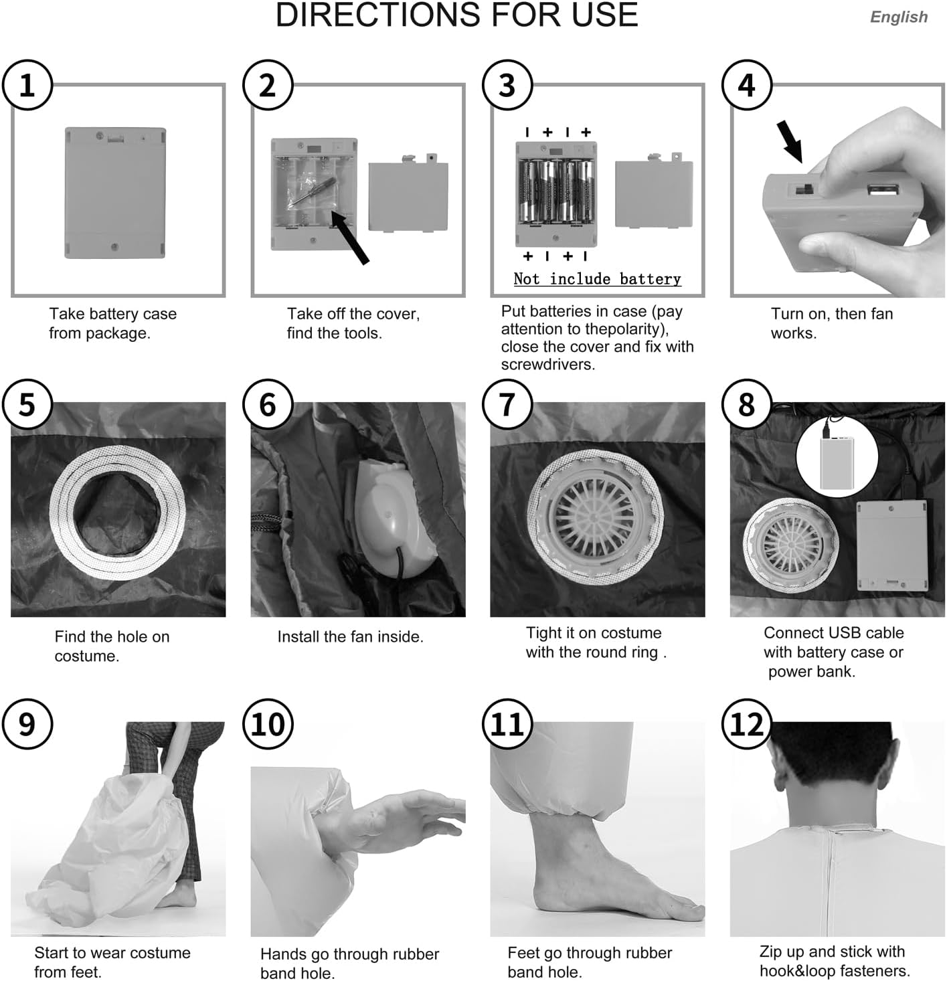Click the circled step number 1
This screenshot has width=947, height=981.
pyautogui.click(x=27, y=85)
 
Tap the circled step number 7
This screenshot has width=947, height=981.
pyautogui.click(x=507, y=404)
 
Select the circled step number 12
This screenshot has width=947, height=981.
pyautogui.click(x=747, y=724)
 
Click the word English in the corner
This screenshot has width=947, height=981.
pyautogui.click(x=899, y=17)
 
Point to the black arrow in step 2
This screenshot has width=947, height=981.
pyautogui.click(x=349, y=236)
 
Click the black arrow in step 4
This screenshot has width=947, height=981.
pyautogui.click(x=789, y=141)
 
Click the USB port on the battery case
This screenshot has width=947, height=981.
pyautogui.click(x=883, y=190)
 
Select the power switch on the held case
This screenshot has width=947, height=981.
pyautogui.click(x=802, y=189)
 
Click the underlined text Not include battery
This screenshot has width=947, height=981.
pyautogui.click(x=597, y=279)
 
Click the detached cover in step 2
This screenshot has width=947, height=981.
pyautogui.click(x=408, y=193)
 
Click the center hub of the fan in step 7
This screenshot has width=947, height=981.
pyautogui.click(x=597, y=519)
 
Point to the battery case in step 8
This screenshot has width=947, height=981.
pyautogui.click(x=891, y=545)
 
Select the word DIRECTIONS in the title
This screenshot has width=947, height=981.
pyautogui.click(x=377, y=15)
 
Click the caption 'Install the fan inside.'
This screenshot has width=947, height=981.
pyautogui.click(x=350, y=636)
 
